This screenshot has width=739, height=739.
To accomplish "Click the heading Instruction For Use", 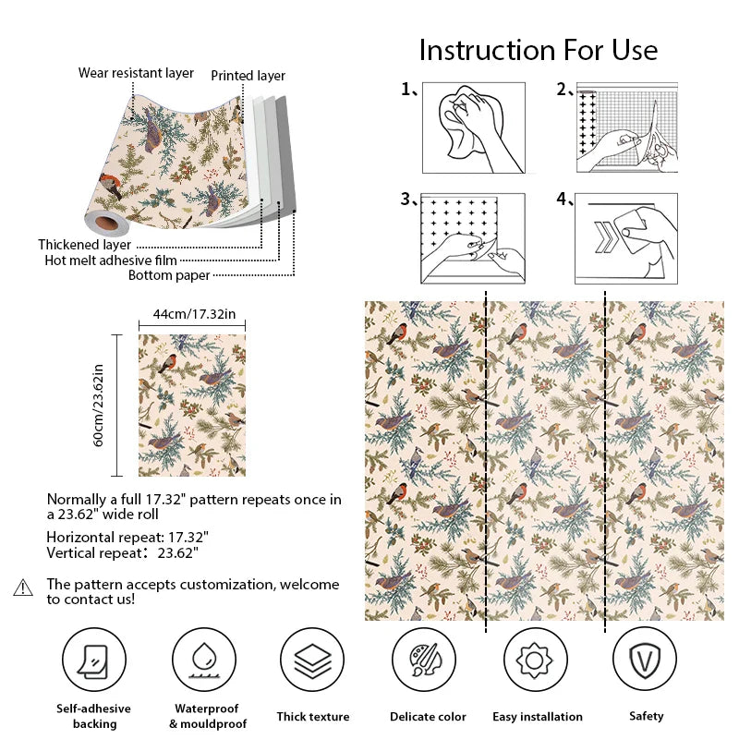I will (x=538, y=49).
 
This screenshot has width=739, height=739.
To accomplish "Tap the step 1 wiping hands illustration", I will (x=474, y=127).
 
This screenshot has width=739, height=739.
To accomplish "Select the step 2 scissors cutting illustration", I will (x=627, y=127).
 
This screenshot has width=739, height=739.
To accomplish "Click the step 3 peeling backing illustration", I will (x=474, y=238).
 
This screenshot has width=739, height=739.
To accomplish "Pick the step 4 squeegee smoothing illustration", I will (x=626, y=238).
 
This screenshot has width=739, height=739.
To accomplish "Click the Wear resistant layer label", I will (x=136, y=72).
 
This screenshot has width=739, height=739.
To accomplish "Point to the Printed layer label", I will (x=248, y=76).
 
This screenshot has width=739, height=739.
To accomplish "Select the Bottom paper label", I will (x=169, y=274).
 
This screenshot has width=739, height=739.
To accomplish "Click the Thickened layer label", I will (x=84, y=245).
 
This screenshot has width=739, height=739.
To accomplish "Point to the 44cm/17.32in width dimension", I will (x=193, y=314).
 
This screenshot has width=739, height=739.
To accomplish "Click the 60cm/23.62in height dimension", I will (x=99, y=405).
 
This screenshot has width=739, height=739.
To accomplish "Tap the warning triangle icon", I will (x=23, y=588).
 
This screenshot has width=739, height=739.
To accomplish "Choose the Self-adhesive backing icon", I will (x=94, y=661).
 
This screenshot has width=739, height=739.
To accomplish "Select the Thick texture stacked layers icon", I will (x=312, y=661).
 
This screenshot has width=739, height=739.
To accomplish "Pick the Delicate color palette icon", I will (x=423, y=661).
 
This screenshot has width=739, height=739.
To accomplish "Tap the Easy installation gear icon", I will (x=534, y=661).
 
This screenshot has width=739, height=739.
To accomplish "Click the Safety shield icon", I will (x=645, y=661).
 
